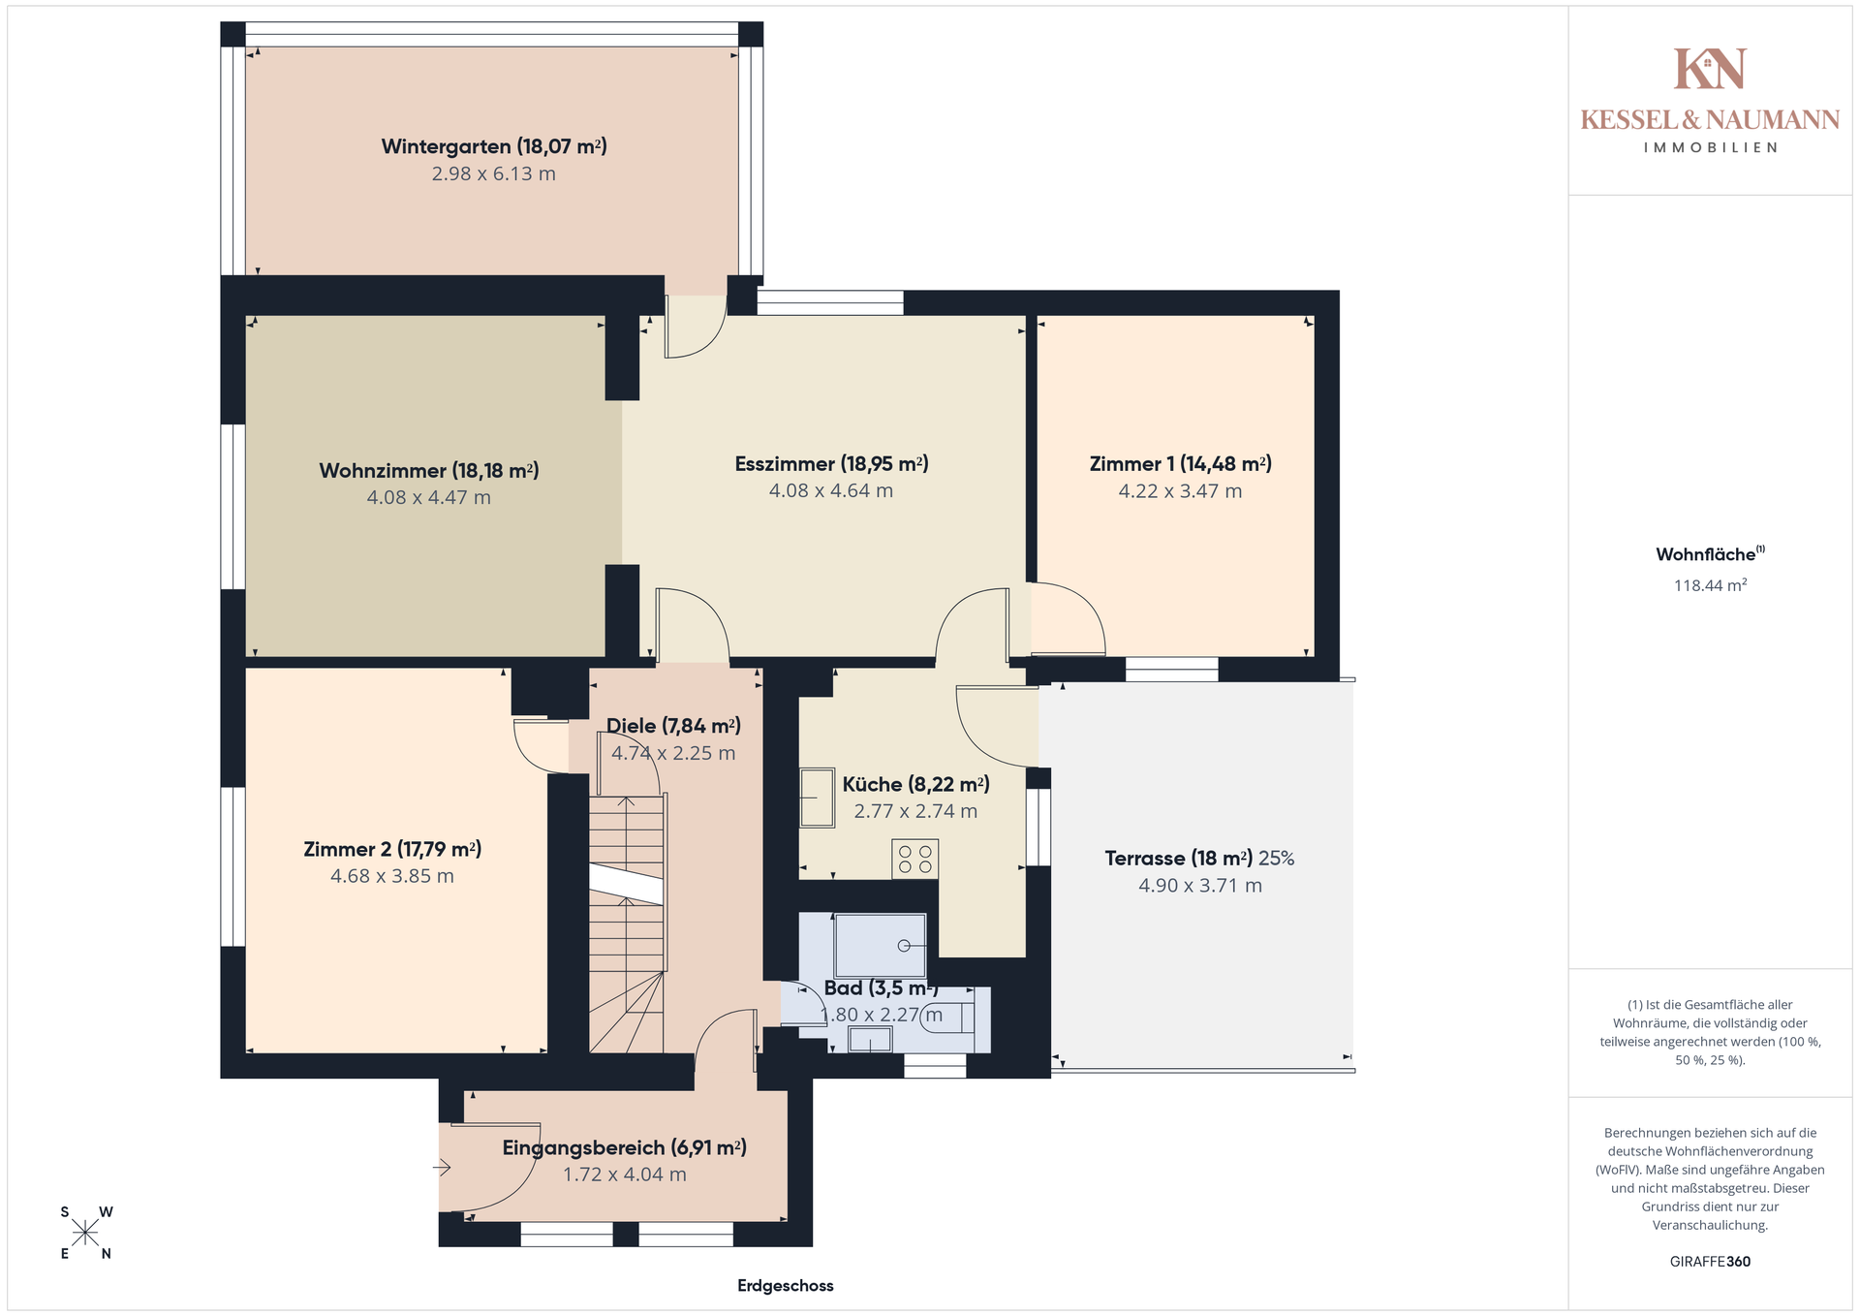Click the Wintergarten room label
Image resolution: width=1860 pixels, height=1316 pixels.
(x=494, y=146)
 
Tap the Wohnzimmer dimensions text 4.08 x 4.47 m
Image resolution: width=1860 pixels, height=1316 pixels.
(x=428, y=498)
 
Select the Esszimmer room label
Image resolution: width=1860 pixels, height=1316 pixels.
(x=831, y=464)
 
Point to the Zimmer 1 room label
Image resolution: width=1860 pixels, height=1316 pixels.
(x=1180, y=464)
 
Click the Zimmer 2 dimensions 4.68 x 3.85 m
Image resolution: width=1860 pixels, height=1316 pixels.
(x=391, y=876)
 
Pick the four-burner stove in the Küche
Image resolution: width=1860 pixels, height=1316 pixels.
(x=914, y=860)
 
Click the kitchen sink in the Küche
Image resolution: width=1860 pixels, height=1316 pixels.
(x=817, y=798)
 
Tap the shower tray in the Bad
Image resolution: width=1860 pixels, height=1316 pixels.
(x=881, y=945)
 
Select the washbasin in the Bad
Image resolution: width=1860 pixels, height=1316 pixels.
(x=869, y=1040)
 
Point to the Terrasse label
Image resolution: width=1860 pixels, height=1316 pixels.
(x=1199, y=859)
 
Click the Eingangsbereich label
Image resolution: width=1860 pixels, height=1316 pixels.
(x=624, y=1148)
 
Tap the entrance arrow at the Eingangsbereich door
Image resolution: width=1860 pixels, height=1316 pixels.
(x=442, y=1169)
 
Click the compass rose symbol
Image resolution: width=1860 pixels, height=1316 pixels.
(x=85, y=1233)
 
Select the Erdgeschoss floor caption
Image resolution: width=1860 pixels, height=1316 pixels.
(x=785, y=1286)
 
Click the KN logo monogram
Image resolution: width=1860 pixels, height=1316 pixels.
(x=1710, y=69)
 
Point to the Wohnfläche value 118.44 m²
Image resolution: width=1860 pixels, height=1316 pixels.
(x=1710, y=585)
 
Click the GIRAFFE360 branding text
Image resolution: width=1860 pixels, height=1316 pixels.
(x=1710, y=1262)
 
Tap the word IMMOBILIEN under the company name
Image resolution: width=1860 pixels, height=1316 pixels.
(x=1710, y=148)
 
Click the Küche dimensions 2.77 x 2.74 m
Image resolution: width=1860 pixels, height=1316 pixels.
(x=915, y=812)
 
